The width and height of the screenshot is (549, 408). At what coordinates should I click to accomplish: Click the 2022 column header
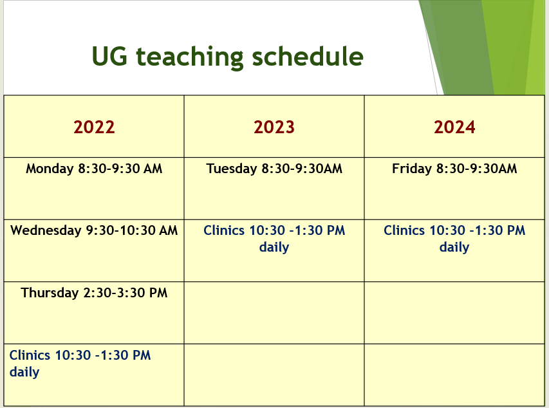[94, 127]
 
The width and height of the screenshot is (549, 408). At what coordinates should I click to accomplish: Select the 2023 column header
[274, 127]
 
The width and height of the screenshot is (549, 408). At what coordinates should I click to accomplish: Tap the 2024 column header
[454, 127]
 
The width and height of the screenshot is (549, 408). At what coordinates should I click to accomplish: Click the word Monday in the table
[50, 169]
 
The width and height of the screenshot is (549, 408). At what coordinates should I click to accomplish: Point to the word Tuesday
[232, 169]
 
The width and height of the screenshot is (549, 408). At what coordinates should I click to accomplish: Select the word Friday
[411, 169]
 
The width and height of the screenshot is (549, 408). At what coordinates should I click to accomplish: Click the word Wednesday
[46, 231]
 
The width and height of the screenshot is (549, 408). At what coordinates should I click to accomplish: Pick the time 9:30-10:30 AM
[132, 231]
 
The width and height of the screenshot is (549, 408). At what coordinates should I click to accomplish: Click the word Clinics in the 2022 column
[30, 355]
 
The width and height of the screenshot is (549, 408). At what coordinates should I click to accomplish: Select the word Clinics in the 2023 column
[224, 231]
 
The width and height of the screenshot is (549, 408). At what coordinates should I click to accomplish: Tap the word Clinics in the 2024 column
[404, 231]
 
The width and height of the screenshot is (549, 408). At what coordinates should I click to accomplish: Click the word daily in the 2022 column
[24, 373]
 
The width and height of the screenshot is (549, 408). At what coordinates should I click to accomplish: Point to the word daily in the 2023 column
[274, 248]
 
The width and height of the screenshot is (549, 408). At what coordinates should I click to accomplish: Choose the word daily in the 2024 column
[454, 248]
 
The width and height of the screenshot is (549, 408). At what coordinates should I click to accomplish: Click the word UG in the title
[109, 57]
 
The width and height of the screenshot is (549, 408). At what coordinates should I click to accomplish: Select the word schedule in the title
[308, 57]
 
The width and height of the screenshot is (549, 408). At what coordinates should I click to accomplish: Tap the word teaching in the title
[189, 57]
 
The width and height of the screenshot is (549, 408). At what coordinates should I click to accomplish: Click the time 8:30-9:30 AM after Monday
[120, 169]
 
